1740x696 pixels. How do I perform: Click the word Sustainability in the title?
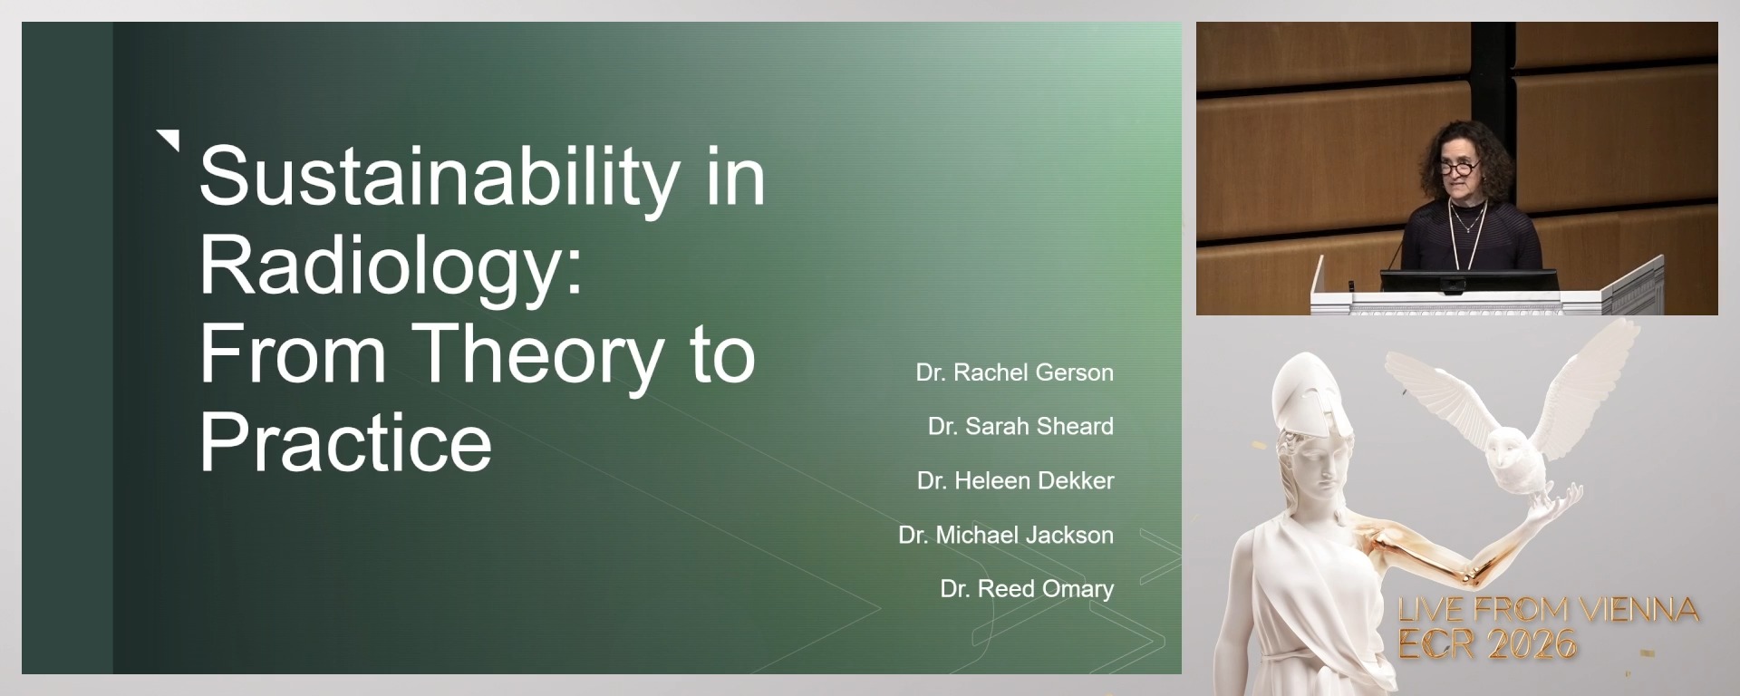[x=440, y=177]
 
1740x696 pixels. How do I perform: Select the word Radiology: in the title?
[x=391, y=266]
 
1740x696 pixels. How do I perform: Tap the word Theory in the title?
[x=538, y=355]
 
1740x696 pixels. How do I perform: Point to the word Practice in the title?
[x=345, y=441]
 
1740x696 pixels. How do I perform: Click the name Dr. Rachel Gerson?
[x=1014, y=372]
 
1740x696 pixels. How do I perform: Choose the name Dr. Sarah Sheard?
[x=1020, y=426]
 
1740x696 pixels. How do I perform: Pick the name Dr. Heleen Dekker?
[x=1015, y=480]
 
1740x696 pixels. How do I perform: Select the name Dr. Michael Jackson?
[x=1006, y=535]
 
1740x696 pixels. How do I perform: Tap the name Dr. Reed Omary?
[x=1027, y=589]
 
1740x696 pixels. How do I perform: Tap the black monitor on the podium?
[x=1468, y=280]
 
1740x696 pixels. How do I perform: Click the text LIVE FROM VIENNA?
[x=1548, y=610]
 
